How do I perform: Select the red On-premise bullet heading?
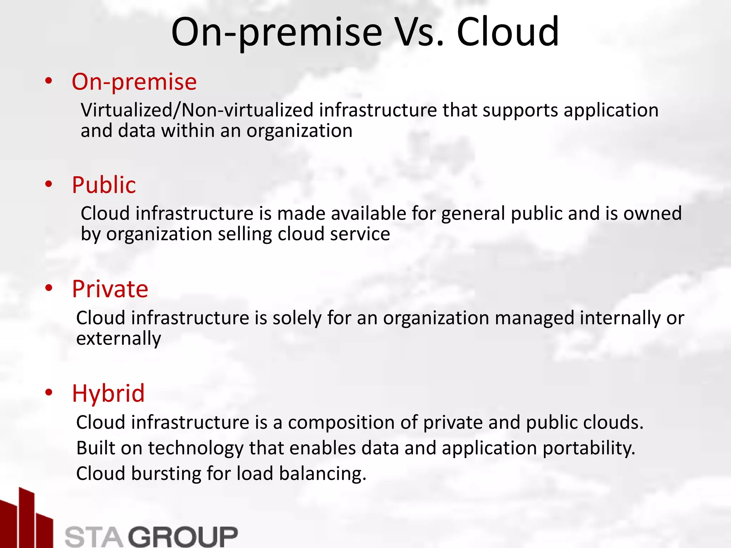134,82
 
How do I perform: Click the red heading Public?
104,185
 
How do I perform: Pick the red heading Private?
110,289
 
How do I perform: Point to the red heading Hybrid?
108,393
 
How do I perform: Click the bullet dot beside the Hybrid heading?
49,392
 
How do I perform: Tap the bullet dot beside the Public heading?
49,184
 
